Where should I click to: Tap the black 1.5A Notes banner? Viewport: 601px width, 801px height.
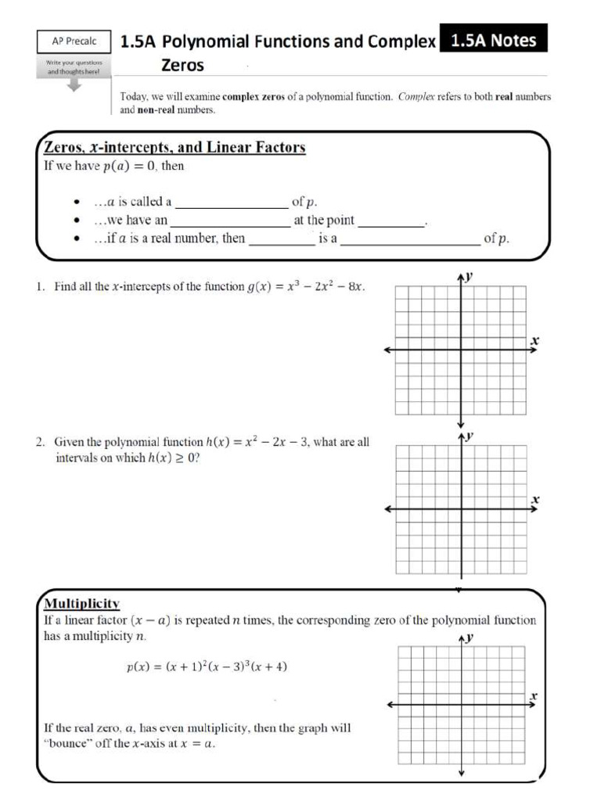[x=494, y=40]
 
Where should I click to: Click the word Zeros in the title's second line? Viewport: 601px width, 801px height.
[x=182, y=66]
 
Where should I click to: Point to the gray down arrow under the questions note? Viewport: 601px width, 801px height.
[x=73, y=86]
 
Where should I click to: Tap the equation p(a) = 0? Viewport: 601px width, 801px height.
[x=131, y=167]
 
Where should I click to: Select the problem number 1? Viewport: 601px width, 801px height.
[x=39, y=287]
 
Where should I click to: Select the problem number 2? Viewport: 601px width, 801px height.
[x=39, y=443]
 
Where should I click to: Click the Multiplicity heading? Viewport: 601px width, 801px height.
[x=81, y=604]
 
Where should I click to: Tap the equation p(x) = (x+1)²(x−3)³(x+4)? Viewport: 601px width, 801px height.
[x=211, y=667]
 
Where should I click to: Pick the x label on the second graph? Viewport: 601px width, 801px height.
[x=535, y=498]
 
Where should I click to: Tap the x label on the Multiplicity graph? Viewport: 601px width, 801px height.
[x=534, y=695]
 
